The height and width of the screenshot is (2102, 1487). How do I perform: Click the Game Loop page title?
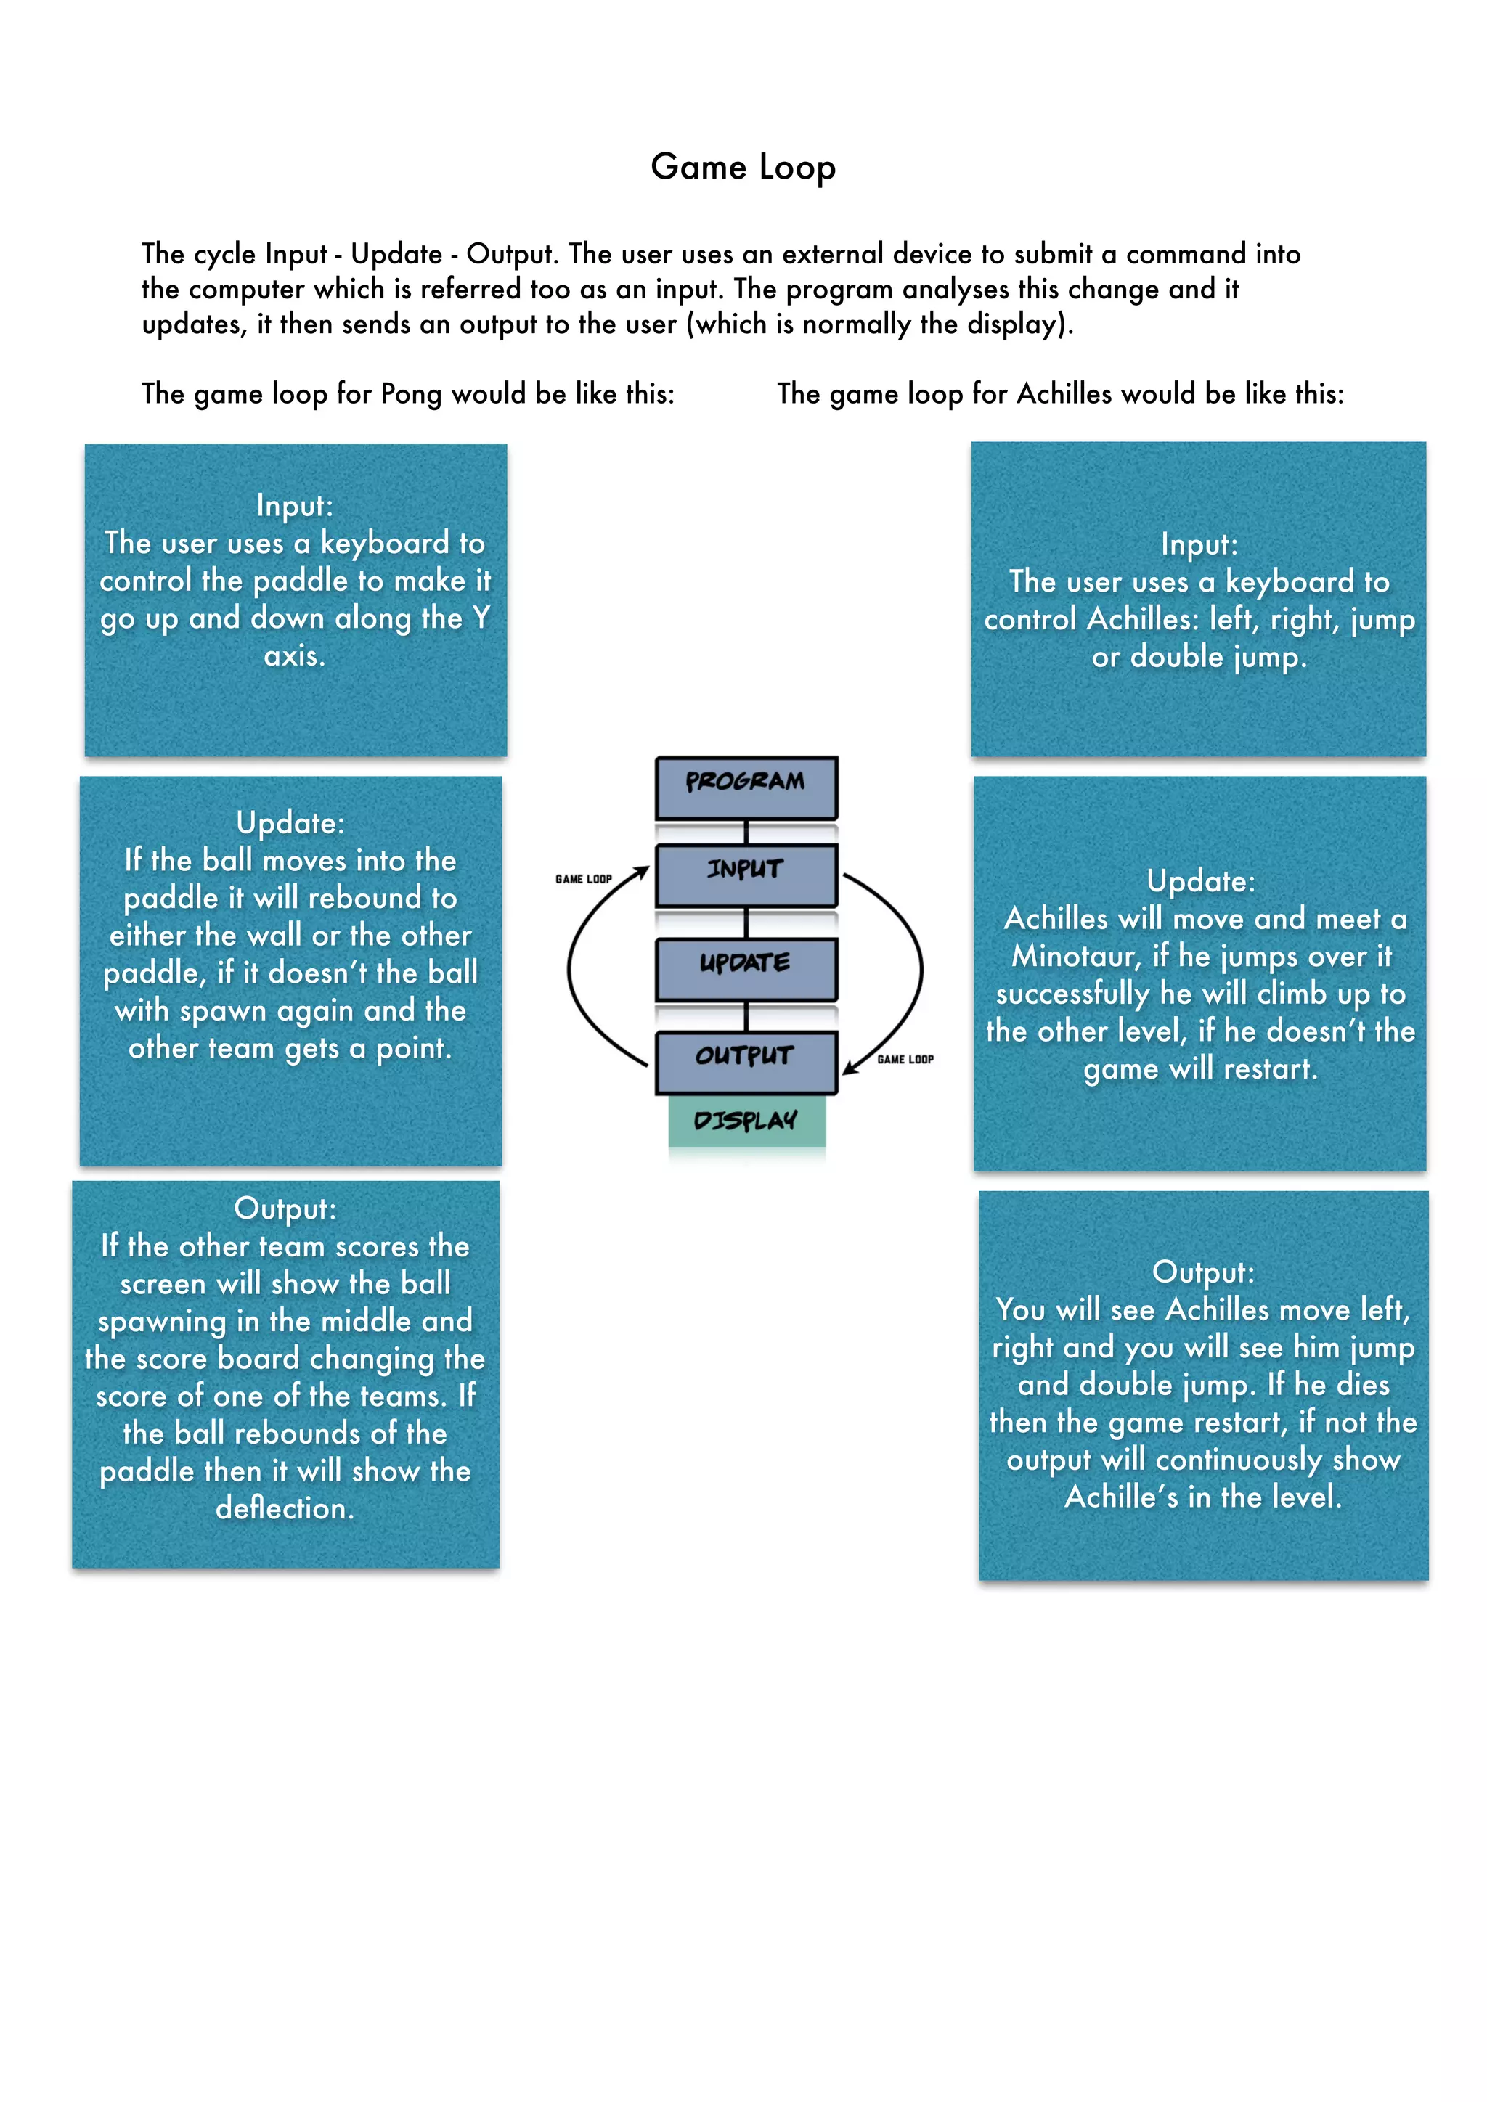(743, 168)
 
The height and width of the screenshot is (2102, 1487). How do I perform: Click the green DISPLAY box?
(746, 1121)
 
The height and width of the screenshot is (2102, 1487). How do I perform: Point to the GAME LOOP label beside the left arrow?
(583, 879)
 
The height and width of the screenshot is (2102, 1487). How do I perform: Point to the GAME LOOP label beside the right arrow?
(905, 1059)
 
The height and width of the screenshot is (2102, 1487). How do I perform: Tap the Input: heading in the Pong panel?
(295, 505)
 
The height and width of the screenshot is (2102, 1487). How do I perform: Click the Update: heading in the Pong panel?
(290, 822)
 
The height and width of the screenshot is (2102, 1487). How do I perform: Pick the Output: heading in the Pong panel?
(285, 1209)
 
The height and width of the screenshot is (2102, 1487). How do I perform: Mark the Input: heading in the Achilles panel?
(1199, 544)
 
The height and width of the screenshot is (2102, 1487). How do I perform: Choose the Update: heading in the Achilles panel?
(1200, 880)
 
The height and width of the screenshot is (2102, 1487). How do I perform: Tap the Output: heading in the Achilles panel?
(1203, 1272)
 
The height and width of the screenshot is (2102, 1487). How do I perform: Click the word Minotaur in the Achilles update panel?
(1077, 957)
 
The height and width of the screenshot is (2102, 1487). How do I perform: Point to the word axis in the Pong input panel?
(293, 656)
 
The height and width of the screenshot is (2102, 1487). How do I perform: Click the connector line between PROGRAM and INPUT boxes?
(746, 831)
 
